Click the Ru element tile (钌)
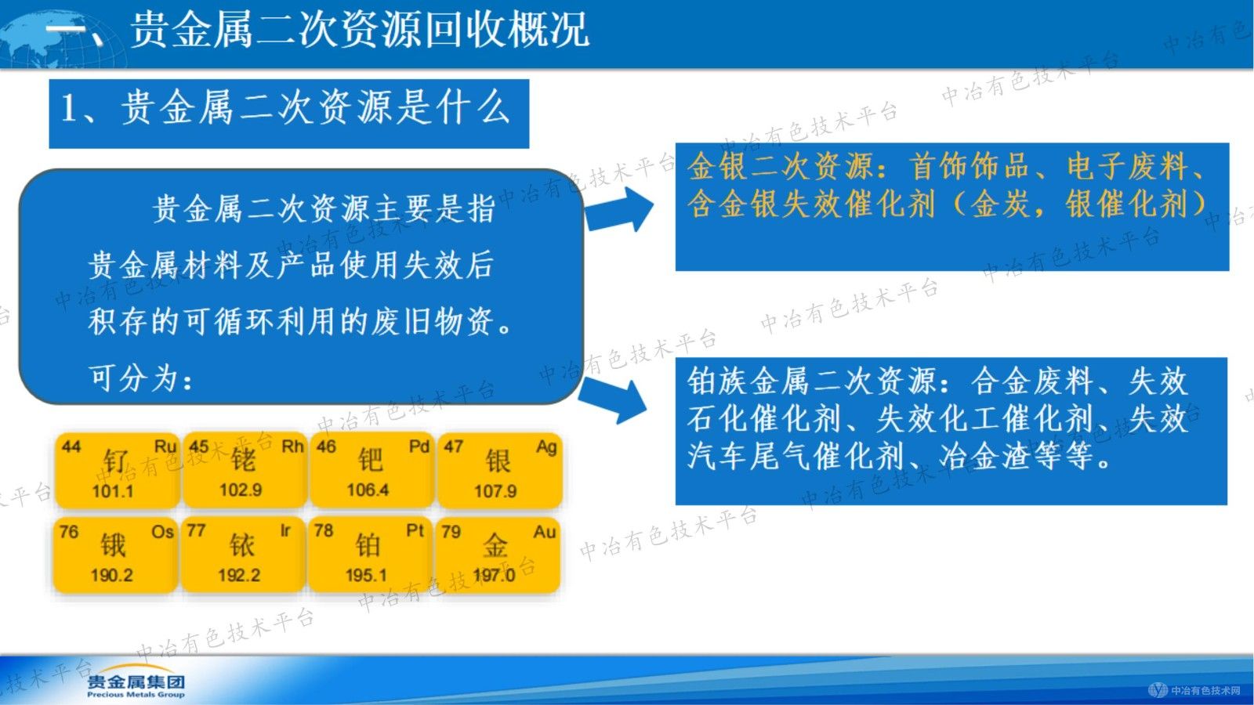pyautogui.click(x=116, y=469)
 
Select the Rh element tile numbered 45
pyautogui.click(x=244, y=469)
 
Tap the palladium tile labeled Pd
pyautogui.click(x=371, y=469)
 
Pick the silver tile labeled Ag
pyautogui.click(x=499, y=469)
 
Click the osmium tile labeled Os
pyautogui.click(x=114, y=553)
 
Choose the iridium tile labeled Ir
pyautogui.click(x=242, y=553)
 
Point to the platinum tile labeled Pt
pyautogui.click(x=369, y=553)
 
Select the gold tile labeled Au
pyautogui.click(x=497, y=553)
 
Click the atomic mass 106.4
pyautogui.click(x=368, y=490)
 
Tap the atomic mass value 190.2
pyautogui.click(x=111, y=575)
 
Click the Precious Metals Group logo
pyautogui.click(x=136, y=685)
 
